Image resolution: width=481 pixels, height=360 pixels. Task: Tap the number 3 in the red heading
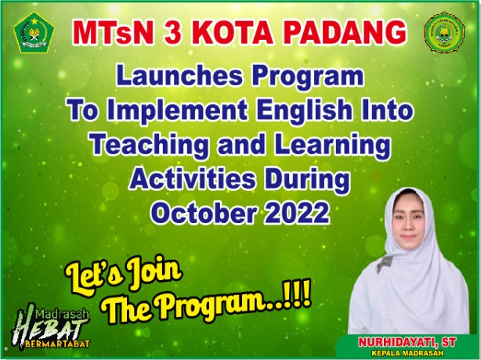point(172,33)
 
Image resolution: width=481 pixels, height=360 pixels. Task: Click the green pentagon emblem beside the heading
point(34,32)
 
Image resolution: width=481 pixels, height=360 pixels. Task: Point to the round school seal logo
point(444,32)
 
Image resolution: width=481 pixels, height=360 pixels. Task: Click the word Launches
point(179,76)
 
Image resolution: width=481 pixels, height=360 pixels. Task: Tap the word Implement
point(177,111)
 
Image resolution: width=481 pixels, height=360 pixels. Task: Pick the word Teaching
point(150,145)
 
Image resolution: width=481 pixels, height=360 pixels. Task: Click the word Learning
point(332,145)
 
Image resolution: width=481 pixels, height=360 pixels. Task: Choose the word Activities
point(193,178)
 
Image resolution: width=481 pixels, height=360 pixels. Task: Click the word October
point(204,213)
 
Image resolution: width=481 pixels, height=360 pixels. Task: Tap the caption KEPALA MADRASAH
point(407,353)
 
